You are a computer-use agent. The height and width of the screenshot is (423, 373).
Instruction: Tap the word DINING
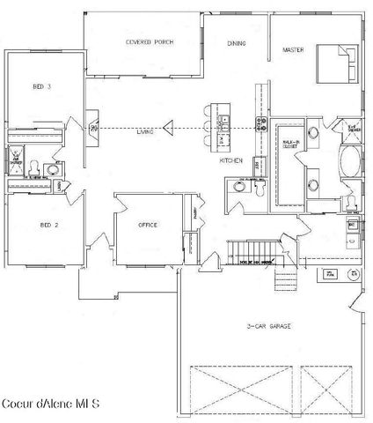click(x=237, y=43)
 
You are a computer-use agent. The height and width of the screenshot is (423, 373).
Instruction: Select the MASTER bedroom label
click(x=293, y=50)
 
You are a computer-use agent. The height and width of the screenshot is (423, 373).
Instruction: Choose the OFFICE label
click(x=148, y=226)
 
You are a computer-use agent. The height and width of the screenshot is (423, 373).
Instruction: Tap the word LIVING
click(x=145, y=131)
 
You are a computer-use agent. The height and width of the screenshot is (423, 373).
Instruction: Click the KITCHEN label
click(x=230, y=161)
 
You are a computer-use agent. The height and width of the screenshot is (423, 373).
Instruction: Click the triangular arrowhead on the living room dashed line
click(x=168, y=130)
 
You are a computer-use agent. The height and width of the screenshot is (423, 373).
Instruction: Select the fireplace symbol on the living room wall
click(x=92, y=130)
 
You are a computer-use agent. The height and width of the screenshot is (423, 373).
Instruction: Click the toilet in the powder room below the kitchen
click(x=261, y=186)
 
